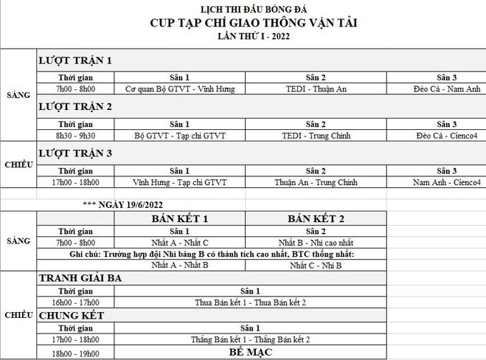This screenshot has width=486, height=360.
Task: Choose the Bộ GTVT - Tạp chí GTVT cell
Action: tap(179, 134)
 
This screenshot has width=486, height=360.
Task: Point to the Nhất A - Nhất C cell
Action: tap(179, 243)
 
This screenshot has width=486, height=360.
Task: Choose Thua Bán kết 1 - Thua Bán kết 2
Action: tap(250, 303)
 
